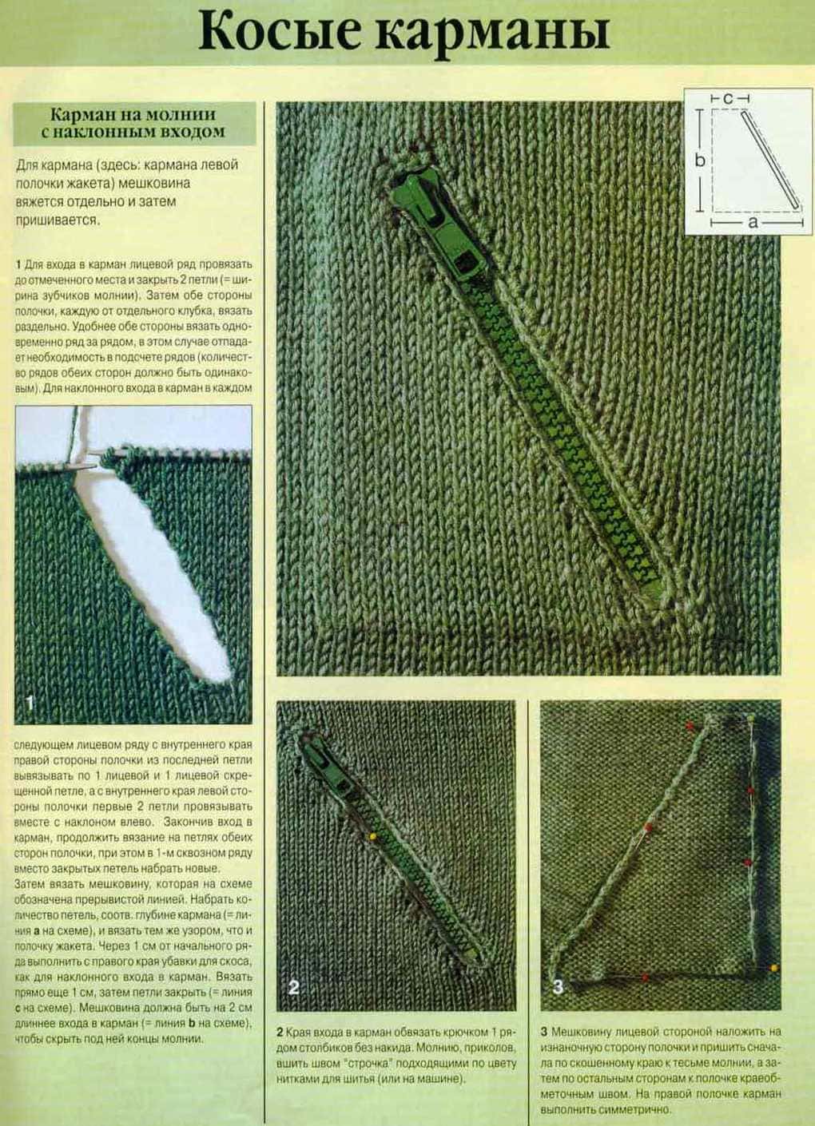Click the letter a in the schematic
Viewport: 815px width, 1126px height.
pyautogui.click(x=753, y=222)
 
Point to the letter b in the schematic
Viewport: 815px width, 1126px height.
pyautogui.click(x=700, y=161)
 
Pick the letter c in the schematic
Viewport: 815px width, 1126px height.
pyautogui.click(x=728, y=99)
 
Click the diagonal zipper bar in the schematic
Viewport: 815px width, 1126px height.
pyautogui.click(x=769, y=160)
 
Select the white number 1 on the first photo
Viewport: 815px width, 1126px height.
pyautogui.click(x=30, y=702)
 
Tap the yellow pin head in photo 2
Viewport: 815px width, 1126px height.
pyautogui.click(x=373, y=836)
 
